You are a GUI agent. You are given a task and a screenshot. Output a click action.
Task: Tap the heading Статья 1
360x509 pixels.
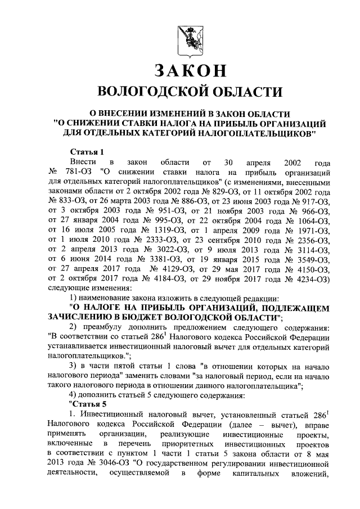click(87, 152)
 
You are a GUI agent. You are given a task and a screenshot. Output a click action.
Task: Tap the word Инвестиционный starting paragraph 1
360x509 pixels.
click(110, 415)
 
